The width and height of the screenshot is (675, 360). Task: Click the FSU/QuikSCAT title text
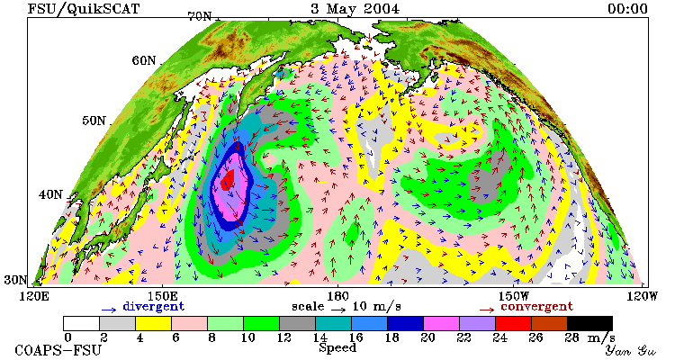[84, 9]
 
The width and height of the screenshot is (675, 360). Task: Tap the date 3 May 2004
[355, 8]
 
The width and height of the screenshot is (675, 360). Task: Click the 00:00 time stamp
[627, 8]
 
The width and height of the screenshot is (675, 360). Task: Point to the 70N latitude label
[200, 17]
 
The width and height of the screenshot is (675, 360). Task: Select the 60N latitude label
[144, 60]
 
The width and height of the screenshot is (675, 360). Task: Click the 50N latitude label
[94, 120]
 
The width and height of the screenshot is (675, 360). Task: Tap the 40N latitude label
[50, 194]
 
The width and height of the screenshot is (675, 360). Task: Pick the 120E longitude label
[31, 296]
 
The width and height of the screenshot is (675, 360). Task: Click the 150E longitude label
[162, 296]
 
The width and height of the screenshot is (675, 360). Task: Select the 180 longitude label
[337, 296]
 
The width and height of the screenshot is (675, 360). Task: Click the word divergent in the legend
[154, 307]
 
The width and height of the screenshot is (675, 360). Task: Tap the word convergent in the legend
[536, 307]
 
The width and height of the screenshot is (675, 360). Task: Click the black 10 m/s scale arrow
[338, 310]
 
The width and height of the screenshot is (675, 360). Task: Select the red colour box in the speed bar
[513, 323]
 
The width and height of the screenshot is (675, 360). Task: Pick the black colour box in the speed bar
[589, 323]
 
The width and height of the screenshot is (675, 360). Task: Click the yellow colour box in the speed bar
[153, 323]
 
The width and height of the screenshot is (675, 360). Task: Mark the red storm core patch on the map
[228, 179]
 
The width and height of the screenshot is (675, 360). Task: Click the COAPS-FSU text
[58, 350]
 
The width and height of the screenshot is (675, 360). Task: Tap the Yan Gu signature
[630, 350]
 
